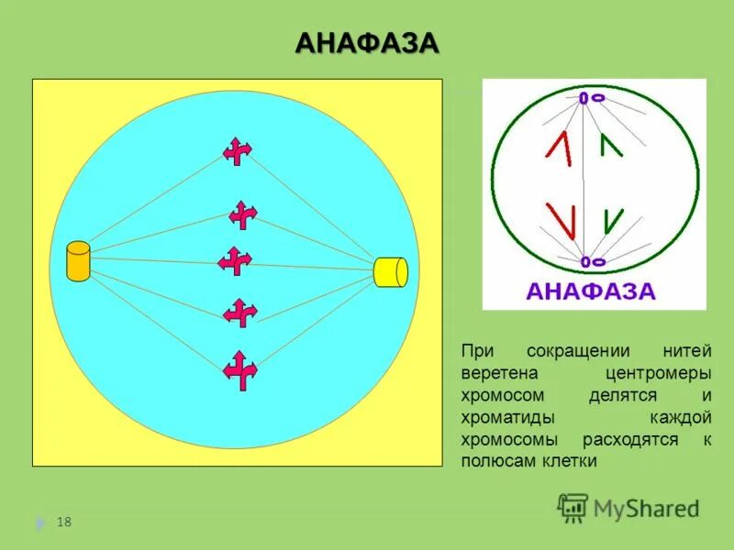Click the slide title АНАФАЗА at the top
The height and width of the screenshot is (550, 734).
pos(367,42)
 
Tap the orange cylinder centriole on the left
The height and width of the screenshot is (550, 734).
pos(78,260)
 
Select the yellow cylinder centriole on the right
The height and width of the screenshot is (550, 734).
pos(391,272)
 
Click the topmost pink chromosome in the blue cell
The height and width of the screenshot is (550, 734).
pos(237,151)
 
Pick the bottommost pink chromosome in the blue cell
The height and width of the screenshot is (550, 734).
pos(240,369)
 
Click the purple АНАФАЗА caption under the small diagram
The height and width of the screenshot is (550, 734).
pos(591,292)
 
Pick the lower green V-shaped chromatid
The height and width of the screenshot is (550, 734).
pos(611,221)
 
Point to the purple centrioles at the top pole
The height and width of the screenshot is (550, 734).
pos(591,97)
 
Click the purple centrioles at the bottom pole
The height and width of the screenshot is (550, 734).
pos(591,262)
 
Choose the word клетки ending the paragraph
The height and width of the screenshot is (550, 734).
pos(573,462)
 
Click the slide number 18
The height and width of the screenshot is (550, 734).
pos(64,522)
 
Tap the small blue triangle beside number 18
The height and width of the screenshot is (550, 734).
pos(39,523)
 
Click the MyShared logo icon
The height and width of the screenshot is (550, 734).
pos(573,507)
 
